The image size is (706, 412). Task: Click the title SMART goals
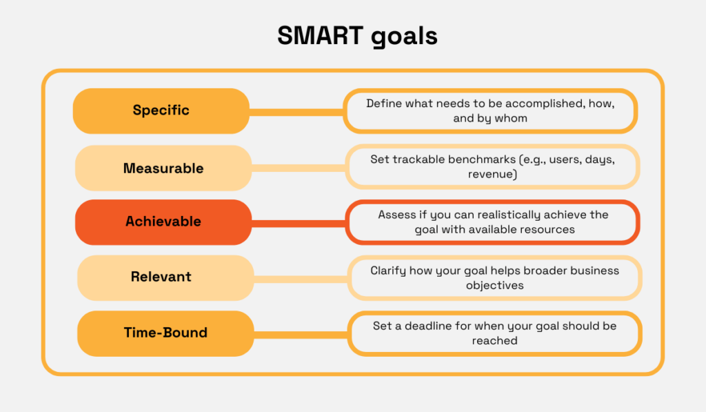pyautogui.click(x=356, y=36)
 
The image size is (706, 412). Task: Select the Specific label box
pyautogui.click(x=161, y=110)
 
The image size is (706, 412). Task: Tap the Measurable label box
pyautogui.click(x=163, y=168)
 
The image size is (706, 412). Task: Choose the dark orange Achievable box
pyautogui.click(x=163, y=222)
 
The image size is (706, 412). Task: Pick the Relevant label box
pyautogui.click(x=161, y=277)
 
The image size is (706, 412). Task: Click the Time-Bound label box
pyautogui.click(x=165, y=333)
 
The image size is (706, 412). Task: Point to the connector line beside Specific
pyautogui.click(x=296, y=110)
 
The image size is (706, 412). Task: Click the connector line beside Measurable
pyautogui.click(x=298, y=168)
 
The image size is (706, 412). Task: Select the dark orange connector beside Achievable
pyautogui.click(x=298, y=222)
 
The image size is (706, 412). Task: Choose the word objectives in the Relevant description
pyautogui.click(x=494, y=285)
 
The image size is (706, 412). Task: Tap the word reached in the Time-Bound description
pyautogui.click(x=494, y=340)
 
